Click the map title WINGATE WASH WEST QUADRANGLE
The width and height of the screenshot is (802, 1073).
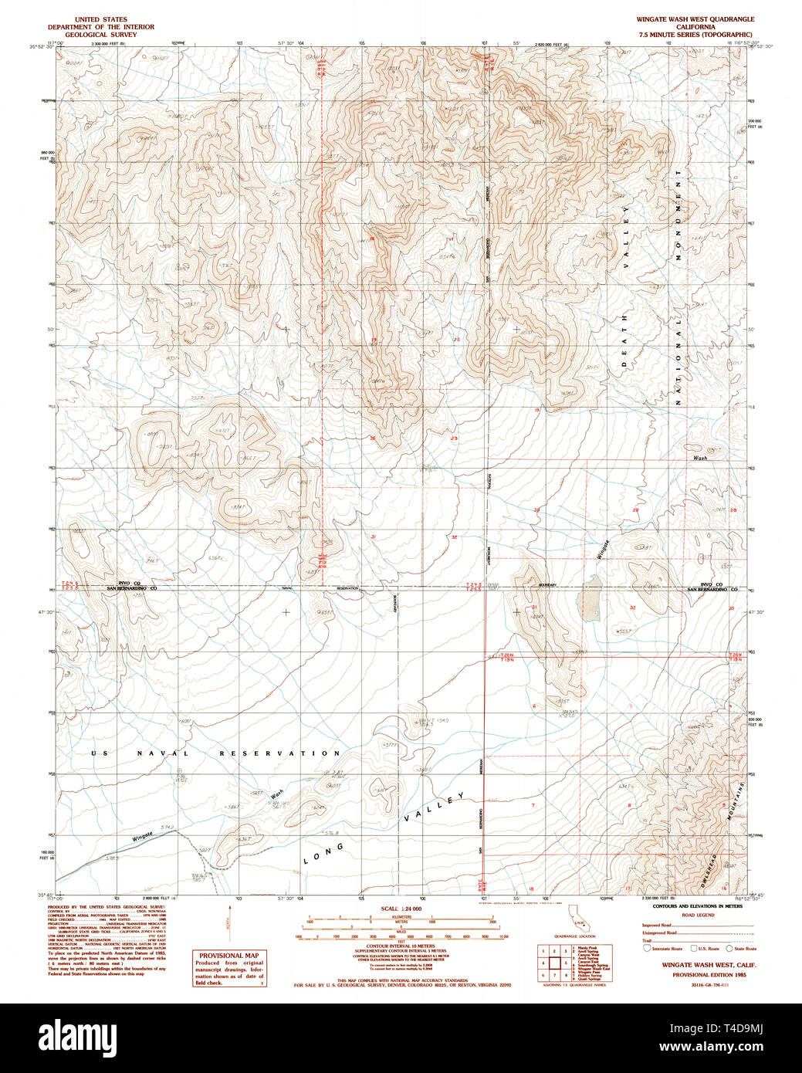[695, 19]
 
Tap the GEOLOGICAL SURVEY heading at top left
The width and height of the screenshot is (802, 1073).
[101, 35]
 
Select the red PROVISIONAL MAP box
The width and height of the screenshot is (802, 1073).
[229, 968]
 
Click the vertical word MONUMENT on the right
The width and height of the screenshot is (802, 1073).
[678, 215]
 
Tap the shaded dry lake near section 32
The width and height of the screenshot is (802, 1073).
[592, 597]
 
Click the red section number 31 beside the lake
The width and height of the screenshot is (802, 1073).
[534, 608]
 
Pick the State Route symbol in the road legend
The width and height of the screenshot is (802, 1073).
[729, 948]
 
